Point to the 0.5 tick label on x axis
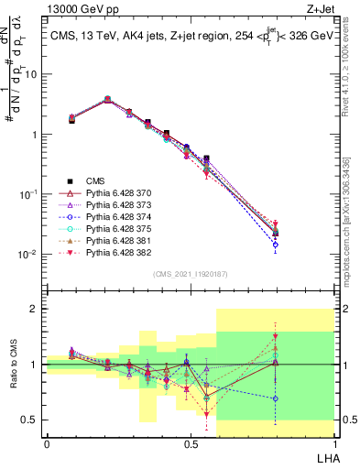[191, 443]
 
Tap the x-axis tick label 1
[334, 443]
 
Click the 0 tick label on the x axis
[47, 443]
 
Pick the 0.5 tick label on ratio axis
[31, 420]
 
